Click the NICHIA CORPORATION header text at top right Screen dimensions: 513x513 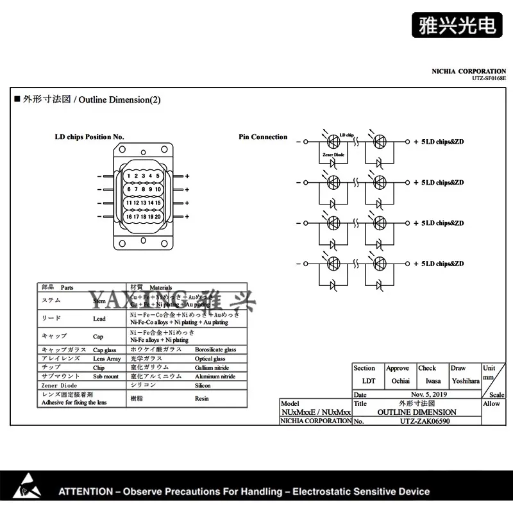469,71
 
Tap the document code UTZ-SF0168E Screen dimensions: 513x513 489,78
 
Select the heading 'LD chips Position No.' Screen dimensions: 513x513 90,137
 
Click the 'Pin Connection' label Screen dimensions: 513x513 263,137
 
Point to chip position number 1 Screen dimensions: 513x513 128,176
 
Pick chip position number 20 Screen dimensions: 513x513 157,217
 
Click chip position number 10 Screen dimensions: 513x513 157,190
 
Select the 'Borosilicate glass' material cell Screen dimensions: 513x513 215,350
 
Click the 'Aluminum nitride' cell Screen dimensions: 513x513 215,377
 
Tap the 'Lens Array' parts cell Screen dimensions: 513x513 107,359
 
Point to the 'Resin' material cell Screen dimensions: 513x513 202,399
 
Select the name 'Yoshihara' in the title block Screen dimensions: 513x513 465,381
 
